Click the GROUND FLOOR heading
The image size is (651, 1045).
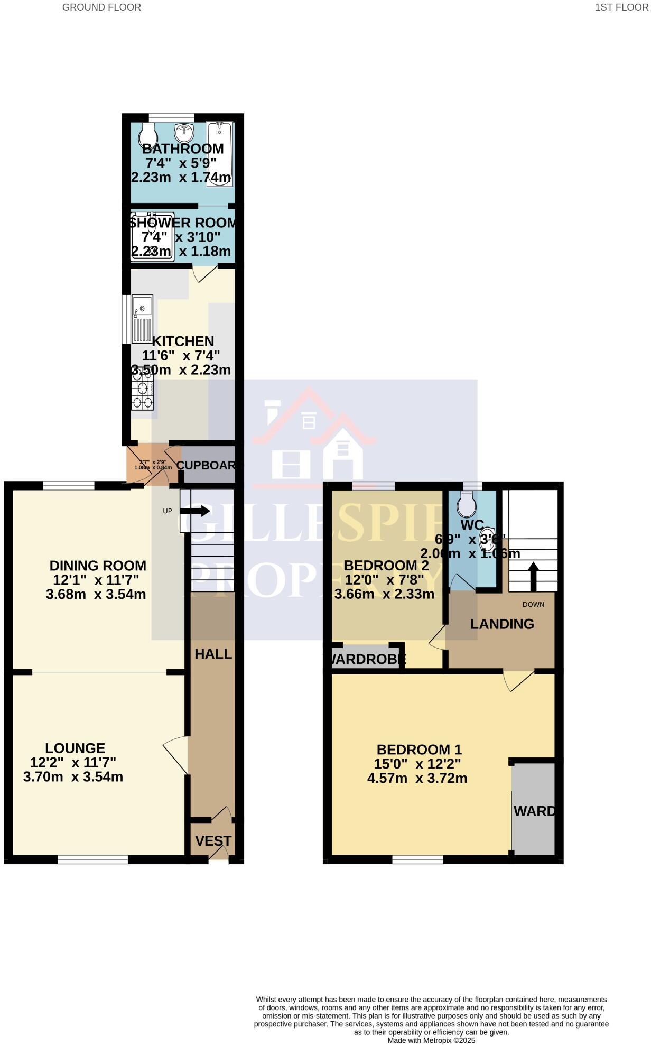click(101, 7)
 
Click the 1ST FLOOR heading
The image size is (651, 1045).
click(621, 7)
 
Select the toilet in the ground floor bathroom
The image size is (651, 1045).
click(147, 135)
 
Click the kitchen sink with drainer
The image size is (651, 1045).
click(142, 319)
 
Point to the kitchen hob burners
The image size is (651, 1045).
click(142, 390)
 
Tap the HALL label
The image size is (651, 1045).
click(213, 654)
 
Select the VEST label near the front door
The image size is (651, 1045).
click(213, 840)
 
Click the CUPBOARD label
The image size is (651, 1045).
click(206, 465)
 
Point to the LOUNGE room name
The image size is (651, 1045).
click(75, 748)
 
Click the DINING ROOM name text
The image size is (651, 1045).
click(98, 566)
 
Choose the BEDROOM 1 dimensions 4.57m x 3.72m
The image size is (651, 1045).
click(417, 778)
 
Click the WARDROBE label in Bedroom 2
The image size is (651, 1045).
click(368, 659)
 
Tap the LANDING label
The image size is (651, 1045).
click(502, 624)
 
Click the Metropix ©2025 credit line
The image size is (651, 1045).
click(431, 1040)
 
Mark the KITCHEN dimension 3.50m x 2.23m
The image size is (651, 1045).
click(181, 370)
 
